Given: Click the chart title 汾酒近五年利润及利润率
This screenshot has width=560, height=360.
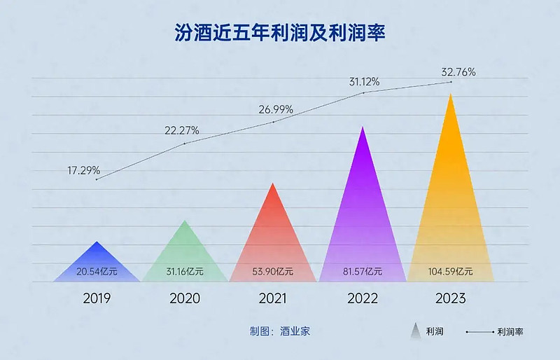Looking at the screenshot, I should pyautogui.click(x=280, y=33).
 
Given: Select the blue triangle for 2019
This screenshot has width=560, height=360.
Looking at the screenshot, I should pyautogui.click(x=97, y=263).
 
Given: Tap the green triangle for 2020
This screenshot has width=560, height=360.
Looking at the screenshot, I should pyautogui.click(x=185, y=256).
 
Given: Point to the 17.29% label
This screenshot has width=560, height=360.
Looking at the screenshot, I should pyautogui.click(x=83, y=170).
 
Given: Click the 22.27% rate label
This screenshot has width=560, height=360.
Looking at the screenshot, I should pyautogui.click(x=181, y=130).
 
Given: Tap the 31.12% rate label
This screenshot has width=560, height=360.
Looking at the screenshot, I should pyautogui.click(x=364, y=82).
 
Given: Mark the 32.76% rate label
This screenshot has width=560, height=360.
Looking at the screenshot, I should pyautogui.click(x=458, y=71).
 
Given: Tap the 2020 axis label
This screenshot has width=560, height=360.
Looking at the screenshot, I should pyautogui.click(x=185, y=298).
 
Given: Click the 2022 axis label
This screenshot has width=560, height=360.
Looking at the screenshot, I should pyautogui.click(x=362, y=298).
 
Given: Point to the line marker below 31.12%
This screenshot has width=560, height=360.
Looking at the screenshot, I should pyautogui.click(x=363, y=92).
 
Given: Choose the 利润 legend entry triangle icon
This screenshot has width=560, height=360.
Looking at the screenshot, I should pyautogui.click(x=414, y=331).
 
